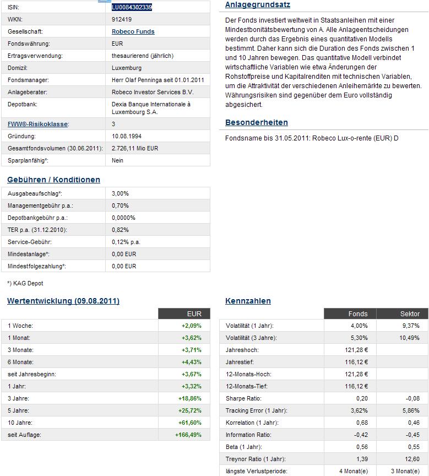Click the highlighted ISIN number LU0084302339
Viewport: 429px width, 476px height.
(x=132, y=7)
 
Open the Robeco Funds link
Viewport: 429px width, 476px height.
(x=133, y=31)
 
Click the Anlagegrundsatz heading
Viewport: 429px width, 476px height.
(x=258, y=5)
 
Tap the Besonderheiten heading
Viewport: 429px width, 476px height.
(x=257, y=122)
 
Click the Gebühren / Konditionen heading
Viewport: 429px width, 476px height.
(x=54, y=180)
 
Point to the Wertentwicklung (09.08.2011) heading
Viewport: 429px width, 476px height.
(x=63, y=301)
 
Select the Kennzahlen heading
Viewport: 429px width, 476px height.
(x=248, y=301)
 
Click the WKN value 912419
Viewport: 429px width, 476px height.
(x=121, y=19)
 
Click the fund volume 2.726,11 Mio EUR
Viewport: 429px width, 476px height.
(x=135, y=148)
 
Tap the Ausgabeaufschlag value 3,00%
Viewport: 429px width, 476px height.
(x=120, y=193)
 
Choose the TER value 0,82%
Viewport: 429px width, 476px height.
(x=120, y=230)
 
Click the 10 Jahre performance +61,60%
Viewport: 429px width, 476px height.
(x=191, y=423)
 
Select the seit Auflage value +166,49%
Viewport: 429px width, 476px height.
(x=189, y=435)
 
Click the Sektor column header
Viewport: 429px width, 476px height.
(x=410, y=313)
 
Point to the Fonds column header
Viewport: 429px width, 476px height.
(x=358, y=313)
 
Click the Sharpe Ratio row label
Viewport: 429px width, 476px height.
(x=243, y=398)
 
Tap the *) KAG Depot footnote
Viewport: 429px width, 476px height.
(x=25, y=283)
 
